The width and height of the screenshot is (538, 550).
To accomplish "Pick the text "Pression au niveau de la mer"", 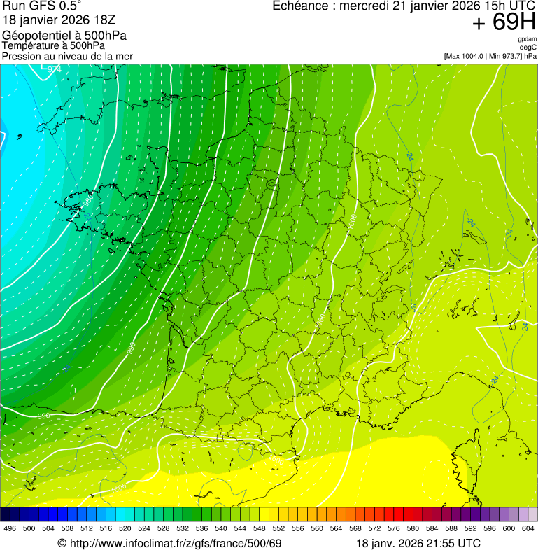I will click(x=67, y=56).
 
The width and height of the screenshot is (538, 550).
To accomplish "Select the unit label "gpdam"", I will click(x=527, y=39).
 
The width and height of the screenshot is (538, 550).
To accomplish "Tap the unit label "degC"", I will click(x=528, y=48).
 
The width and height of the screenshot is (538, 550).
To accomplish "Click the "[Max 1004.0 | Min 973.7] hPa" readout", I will click(x=490, y=56).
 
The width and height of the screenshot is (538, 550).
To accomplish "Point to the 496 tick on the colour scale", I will click(x=10, y=528).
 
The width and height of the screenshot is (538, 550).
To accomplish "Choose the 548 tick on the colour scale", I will click(x=259, y=528).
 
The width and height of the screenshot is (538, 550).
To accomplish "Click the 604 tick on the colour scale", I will click(x=528, y=528).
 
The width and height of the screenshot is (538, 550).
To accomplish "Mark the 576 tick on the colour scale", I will click(x=393, y=528).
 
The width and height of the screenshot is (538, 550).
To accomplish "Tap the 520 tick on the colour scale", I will click(x=125, y=528).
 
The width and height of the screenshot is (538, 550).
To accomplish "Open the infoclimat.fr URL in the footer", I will click(x=174, y=543).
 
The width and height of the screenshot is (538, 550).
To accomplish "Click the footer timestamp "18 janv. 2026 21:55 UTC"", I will click(x=418, y=543).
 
